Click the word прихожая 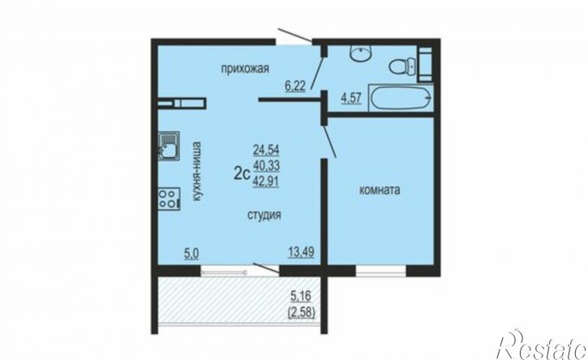point(245,69)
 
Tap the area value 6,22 point(295,86)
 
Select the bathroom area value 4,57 point(351,98)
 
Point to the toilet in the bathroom point(403,66)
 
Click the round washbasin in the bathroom point(361,52)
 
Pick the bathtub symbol point(401,98)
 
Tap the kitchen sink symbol point(169,146)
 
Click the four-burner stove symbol point(169,199)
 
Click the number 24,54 point(266,150)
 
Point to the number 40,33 point(266,165)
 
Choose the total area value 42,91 point(266,181)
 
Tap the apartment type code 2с point(242,174)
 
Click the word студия point(264,215)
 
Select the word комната point(380,190)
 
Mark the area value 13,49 point(301,252)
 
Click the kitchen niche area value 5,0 point(191,255)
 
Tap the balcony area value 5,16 point(301,296)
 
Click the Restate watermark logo point(541,345)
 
